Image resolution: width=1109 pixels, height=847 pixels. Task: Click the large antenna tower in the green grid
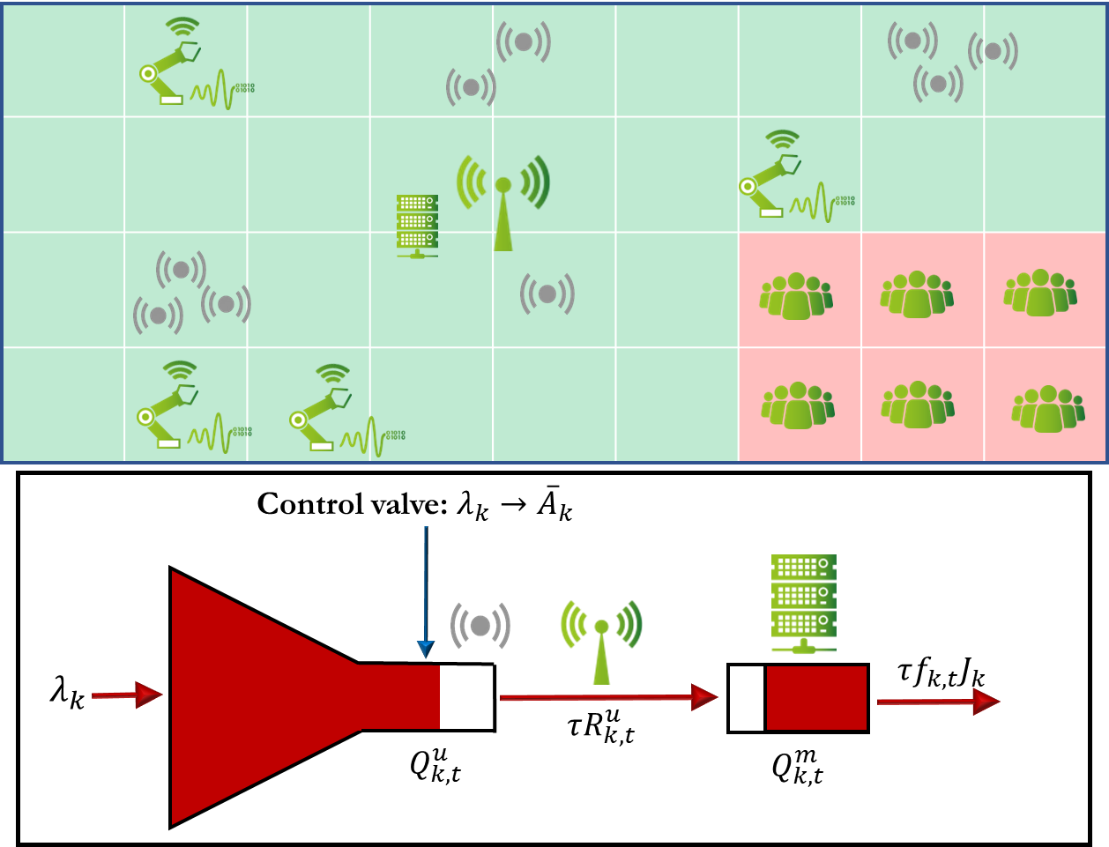tap(503, 203)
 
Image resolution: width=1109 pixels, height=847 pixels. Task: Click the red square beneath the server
tap(816, 698)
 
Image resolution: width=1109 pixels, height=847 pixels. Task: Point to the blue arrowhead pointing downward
tap(426, 650)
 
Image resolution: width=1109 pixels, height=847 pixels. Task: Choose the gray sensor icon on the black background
tap(480, 626)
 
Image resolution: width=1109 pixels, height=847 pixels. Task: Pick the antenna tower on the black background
tap(601, 641)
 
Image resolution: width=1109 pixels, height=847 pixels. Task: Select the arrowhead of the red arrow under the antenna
tap(703, 697)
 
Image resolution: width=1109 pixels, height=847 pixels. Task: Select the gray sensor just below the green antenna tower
tap(547, 293)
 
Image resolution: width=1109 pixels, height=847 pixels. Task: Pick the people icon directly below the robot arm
tap(796, 296)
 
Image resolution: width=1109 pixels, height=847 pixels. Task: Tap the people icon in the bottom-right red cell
tap(1047, 408)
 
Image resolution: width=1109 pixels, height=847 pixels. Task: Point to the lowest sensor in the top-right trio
tap(938, 84)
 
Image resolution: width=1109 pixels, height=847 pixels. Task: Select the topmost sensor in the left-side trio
tap(181, 270)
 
